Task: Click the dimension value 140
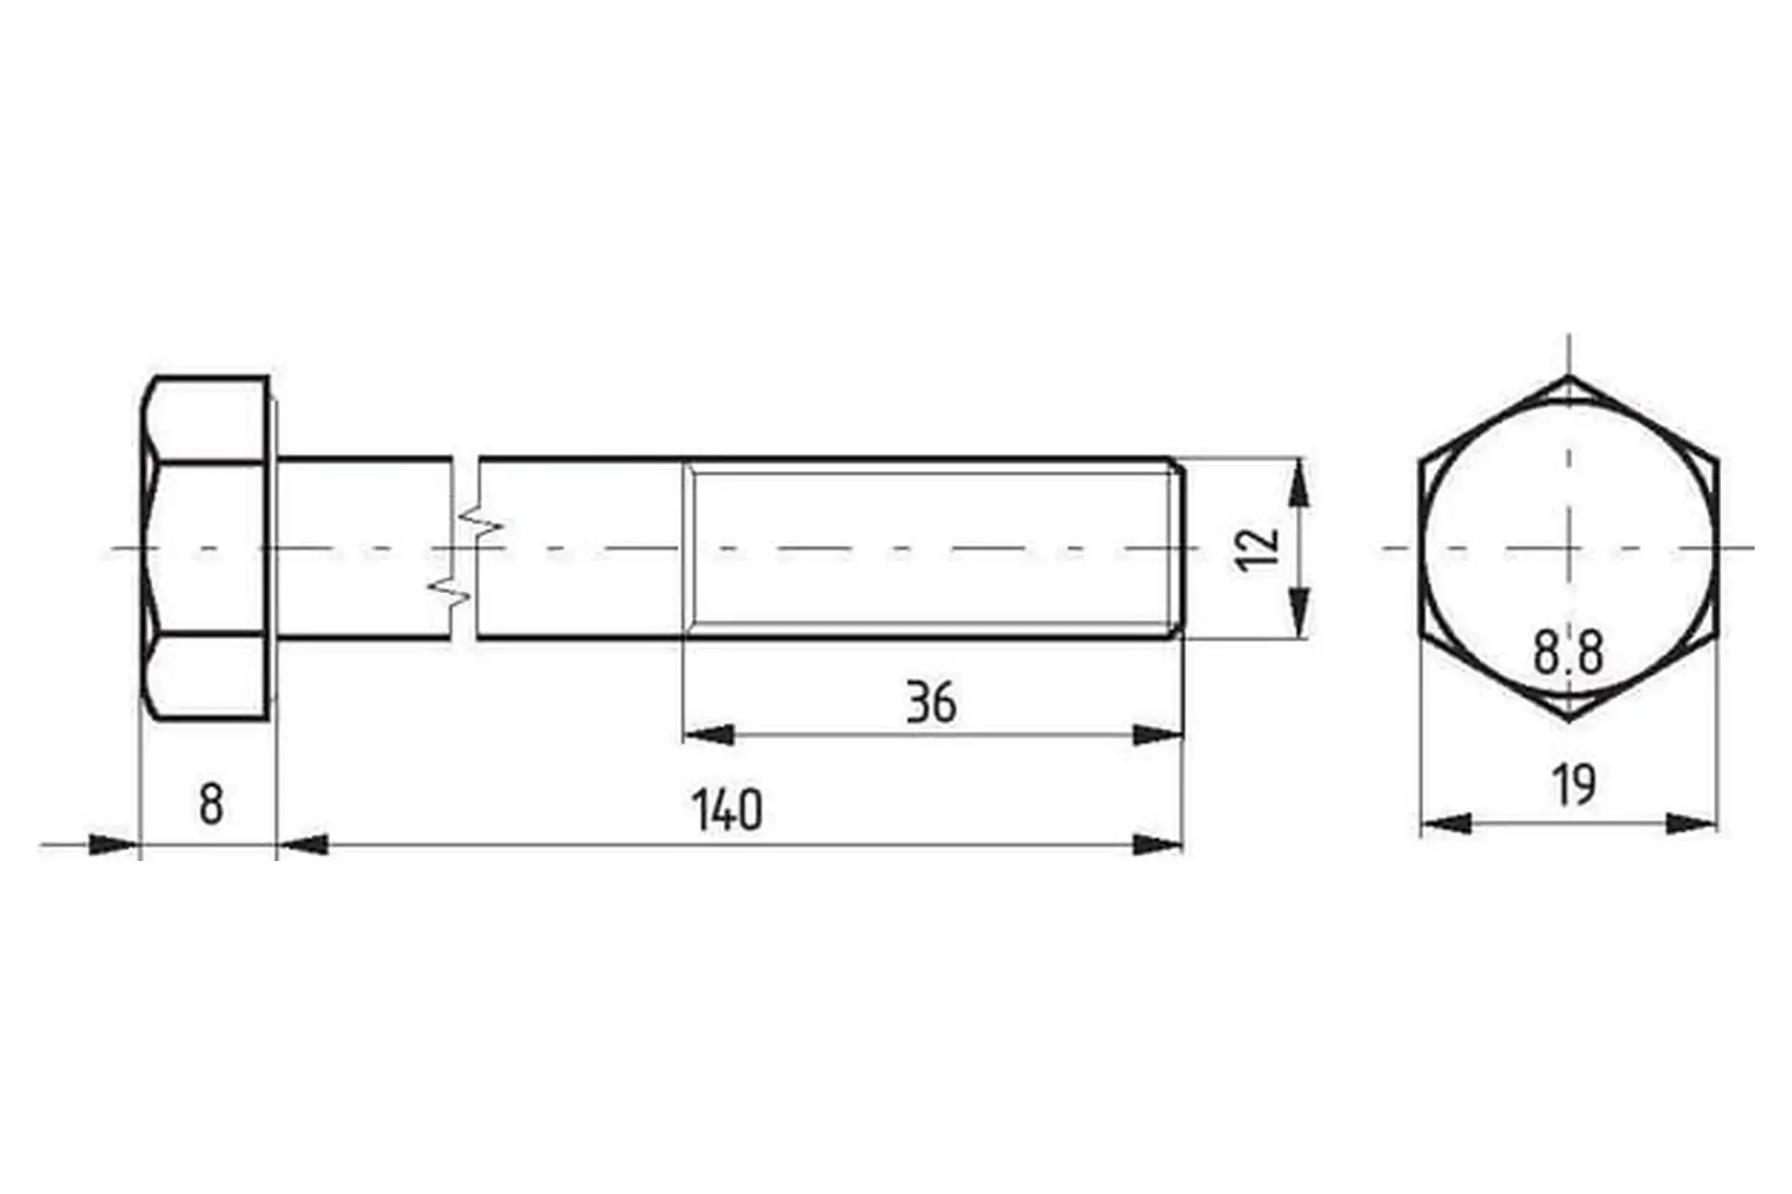pos(726,810)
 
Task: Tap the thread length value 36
pos(931,703)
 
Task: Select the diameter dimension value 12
pos(1255,548)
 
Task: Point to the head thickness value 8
pos(211,804)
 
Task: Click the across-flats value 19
pos(1574,784)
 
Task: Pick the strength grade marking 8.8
pos(1568,652)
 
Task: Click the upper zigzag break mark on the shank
pos(480,522)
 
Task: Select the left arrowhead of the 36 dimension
pos(707,735)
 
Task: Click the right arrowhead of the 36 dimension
pos(1158,735)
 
